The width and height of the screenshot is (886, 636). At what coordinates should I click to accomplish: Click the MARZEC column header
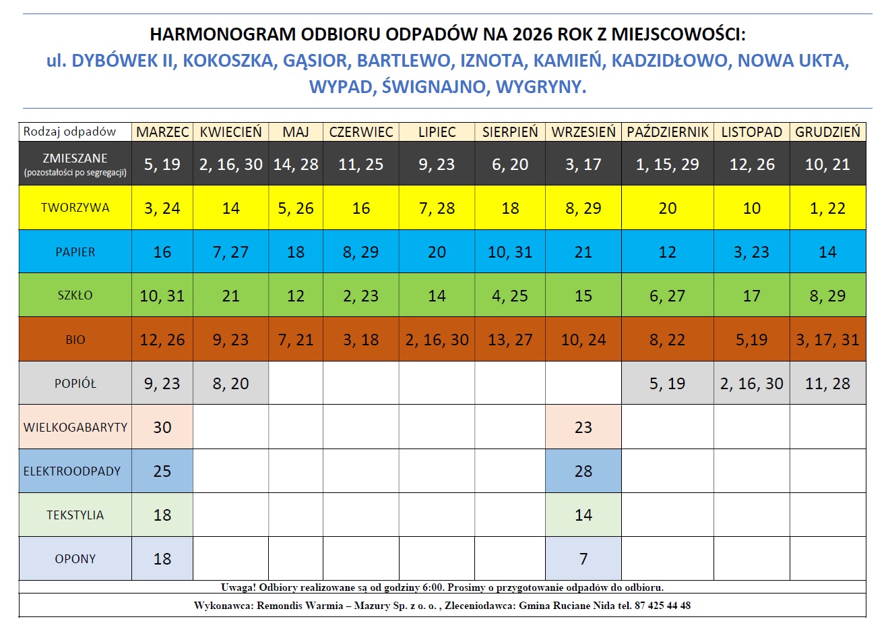pos(162,132)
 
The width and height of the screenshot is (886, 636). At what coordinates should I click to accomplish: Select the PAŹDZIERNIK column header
pos(667,132)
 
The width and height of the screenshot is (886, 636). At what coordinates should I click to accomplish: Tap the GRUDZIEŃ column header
pos(827,132)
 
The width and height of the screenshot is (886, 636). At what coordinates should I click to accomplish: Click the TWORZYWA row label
pos(75,208)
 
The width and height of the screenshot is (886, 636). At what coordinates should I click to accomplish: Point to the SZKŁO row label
pos(75,295)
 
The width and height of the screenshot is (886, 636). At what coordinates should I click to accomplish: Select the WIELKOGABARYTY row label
pos(75,427)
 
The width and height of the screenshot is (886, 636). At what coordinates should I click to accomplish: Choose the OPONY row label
pos(75,558)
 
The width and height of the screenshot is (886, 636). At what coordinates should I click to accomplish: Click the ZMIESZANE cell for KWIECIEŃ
pos(230,165)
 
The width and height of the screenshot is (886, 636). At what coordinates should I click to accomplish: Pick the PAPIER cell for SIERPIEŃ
pos(510,252)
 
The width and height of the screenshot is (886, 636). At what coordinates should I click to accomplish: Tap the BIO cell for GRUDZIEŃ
pos(827,340)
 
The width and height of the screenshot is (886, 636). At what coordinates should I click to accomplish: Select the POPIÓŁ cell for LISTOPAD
pos(751,384)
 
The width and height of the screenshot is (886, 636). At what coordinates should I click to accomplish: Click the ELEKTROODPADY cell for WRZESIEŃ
pos(583,471)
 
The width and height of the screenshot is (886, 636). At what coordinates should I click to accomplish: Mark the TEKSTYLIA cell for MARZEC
pos(162,515)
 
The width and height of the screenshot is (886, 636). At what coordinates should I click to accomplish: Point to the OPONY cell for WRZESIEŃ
pos(583,558)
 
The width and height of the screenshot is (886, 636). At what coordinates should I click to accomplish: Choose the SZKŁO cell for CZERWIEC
pos(360,296)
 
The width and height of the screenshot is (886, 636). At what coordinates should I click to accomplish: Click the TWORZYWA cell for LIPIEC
pos(437,208)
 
